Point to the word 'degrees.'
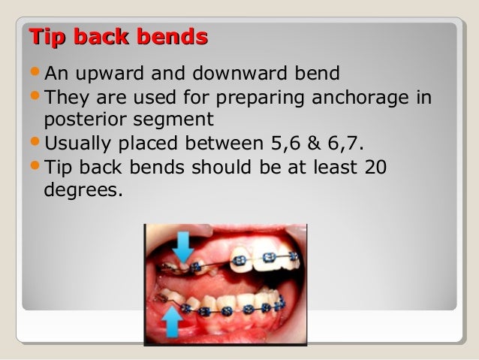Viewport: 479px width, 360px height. tap(83, 189)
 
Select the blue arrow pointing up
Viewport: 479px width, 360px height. tap(172, 322)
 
